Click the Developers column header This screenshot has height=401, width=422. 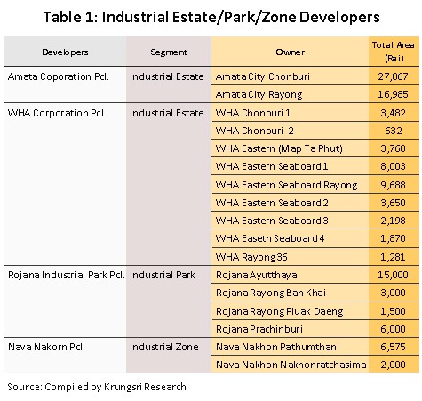pos(65,52)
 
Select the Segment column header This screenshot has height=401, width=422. pos(169,52)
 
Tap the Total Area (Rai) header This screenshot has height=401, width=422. pos(394,52)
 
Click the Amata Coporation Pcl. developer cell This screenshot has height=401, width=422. pos(59,76)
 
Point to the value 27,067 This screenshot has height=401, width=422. pos(393,76)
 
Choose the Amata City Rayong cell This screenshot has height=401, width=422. pos(259,94)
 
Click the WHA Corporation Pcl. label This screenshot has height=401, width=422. pos(57,113)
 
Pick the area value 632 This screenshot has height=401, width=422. pos(394,131)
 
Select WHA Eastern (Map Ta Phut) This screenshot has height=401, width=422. pos(279,148)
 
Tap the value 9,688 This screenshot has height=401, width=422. pos(393,185)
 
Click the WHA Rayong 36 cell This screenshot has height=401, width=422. pos(251,257)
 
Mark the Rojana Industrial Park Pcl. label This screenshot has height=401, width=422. pos(67,275)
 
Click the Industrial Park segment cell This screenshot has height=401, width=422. pos(163,275)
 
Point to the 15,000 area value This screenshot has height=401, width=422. pos(393,275)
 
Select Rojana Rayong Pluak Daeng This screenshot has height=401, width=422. pos(280,311)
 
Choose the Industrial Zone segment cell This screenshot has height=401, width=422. pos(164,347)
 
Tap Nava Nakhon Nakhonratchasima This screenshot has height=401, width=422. pos(291,365)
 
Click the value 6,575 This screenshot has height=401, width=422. pos(393,347)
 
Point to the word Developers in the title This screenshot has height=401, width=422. pos(339,17)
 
